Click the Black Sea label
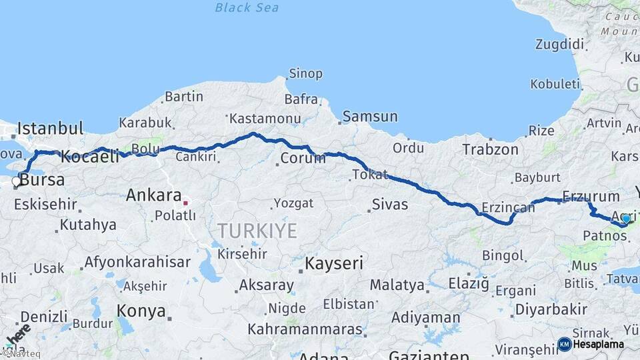247,8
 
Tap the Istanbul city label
51,128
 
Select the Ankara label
154,195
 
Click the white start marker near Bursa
16,181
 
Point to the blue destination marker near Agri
625,218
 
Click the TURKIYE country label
257,231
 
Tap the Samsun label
371,117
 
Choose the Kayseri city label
334,263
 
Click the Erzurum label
582,196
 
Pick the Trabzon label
491,149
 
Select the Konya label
141,310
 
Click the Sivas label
389,204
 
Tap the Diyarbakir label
551,309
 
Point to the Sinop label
305,73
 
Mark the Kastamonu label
265,119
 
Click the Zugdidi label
559,45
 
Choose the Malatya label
397,285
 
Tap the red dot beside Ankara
185,202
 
